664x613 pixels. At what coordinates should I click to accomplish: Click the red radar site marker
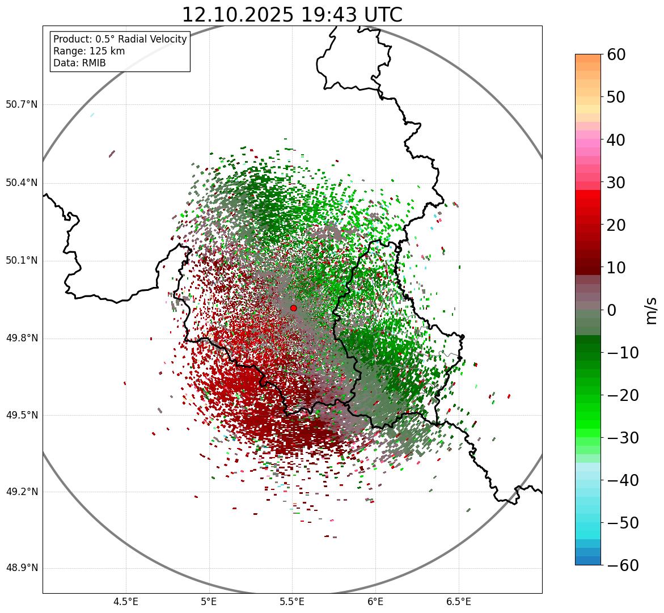[293, 308]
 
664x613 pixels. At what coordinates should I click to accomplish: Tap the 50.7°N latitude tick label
[22, 105]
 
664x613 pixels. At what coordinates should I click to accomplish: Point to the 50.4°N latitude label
[22, 183]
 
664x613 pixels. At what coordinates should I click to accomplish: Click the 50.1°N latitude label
[22, 261]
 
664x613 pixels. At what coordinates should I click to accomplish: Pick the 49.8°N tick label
[22, 339]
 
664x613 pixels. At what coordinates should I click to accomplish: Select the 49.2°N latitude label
[22, 492]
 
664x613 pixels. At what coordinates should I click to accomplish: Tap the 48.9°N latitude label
[22, 568]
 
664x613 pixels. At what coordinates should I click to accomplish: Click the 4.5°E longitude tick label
[126, 601]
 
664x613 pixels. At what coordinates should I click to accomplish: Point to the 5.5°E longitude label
[293, 601]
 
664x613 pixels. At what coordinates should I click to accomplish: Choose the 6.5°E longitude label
[458, 601]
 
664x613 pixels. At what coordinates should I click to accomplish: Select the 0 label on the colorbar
[612, 310]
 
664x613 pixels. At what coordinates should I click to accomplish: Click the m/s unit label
[652, 310]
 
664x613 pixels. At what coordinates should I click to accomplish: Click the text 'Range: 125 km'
[89, 51]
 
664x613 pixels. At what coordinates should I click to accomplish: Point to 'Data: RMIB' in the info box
[79, 63]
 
